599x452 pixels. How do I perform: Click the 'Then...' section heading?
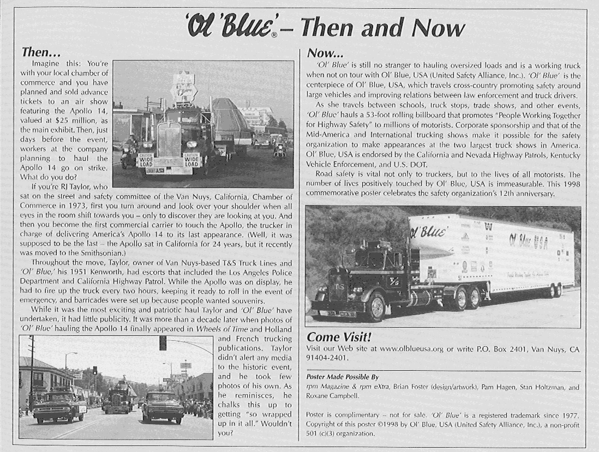[40, 52]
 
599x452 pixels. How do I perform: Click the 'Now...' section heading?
[325, 53]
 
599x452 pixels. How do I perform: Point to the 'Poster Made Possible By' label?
[343, 377]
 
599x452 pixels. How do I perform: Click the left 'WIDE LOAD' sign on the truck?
[146, 161]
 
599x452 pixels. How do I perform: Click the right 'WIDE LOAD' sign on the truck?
[191, 161]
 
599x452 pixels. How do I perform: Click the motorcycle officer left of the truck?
[130, 152]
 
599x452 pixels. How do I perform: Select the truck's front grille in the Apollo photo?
[169, 140]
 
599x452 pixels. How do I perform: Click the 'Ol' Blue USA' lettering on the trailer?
[528, 240]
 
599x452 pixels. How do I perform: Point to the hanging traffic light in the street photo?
[163, 343]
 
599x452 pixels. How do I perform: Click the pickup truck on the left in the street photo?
[59, 406]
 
